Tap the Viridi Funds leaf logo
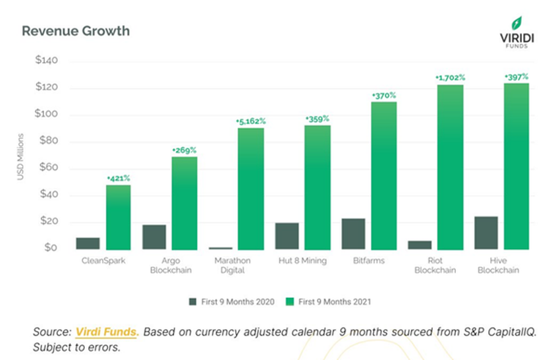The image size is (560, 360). click(x=517, y=24)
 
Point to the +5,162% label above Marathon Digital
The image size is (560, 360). click(x=250, y=121)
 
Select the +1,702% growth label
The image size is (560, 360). click(x=450, y=78)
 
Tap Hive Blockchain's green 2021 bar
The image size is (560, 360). click(x=517, y=165)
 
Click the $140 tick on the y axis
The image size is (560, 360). click(x=47, y=61)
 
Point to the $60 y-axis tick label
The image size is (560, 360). click(x=49, y=168)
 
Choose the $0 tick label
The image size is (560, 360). click(x=51, y=249)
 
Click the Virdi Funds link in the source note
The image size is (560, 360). click(x=105, y=331)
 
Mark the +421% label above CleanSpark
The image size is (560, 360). click(x=118, y=179)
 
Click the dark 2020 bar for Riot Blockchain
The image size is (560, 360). click(x=420, y=245)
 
